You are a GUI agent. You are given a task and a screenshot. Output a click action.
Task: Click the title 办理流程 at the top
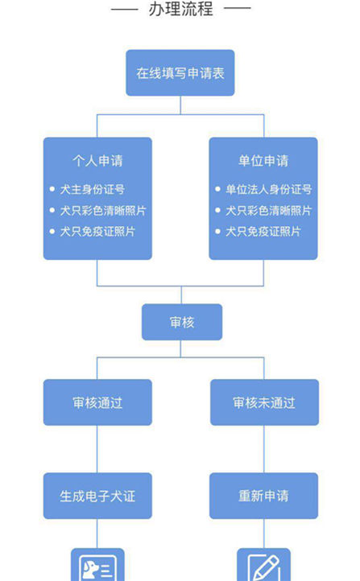tap(180, 10)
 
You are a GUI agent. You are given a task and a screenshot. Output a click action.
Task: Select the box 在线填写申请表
tap(180, 73)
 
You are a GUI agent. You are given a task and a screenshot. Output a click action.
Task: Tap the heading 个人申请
tap(97, 161)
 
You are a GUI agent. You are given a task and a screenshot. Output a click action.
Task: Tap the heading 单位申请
tap(263, 161)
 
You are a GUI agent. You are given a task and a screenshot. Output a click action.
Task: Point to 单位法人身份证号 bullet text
tap(268, 190)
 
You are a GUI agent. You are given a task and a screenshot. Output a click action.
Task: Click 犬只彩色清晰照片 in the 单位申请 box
tap(268, 211)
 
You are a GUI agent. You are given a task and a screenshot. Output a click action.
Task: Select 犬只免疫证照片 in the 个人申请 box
tap(97, 232)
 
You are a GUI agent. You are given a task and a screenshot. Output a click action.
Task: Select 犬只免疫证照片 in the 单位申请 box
tap(263, 232)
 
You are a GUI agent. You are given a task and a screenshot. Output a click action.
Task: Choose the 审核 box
tap(181, 322)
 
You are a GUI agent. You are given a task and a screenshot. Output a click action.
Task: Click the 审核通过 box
tap(97, 402)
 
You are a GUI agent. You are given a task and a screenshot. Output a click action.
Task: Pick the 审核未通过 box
tap(264, 402)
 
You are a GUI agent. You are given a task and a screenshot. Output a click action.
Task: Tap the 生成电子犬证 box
tap(97, 496)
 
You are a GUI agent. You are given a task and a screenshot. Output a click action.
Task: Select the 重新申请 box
tap(264, 496)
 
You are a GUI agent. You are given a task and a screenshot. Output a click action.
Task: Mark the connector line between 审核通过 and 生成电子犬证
tap(97, 449)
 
